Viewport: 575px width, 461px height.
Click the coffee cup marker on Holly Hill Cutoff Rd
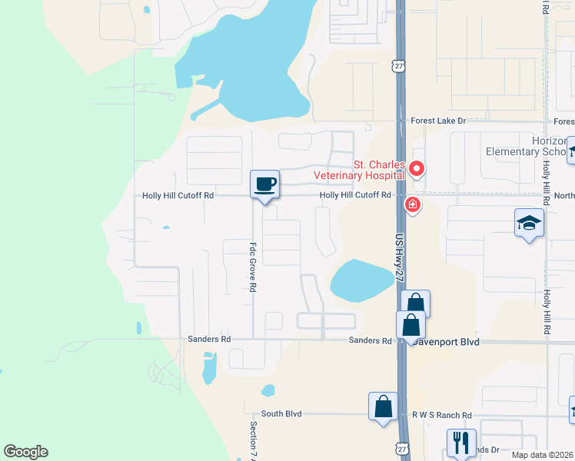(264, 184)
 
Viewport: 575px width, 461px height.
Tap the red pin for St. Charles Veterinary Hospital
(417, 167)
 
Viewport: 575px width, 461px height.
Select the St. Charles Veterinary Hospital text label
(360, 170)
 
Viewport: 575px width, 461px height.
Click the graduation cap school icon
(529, 223)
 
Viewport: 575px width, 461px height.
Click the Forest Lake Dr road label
(438, 121)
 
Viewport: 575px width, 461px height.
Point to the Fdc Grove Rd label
(252, 267)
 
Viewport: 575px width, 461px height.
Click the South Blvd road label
(281, 413)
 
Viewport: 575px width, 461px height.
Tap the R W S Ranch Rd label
(441, 415)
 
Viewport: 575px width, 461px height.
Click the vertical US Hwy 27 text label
(400, 260)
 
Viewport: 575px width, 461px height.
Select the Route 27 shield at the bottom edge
(401, 448)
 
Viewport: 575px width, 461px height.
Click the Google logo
(25, 452)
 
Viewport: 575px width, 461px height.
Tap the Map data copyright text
(542, 456)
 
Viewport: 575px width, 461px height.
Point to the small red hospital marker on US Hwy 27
(413, 204)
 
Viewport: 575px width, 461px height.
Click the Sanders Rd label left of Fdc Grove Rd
(209, 338)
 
